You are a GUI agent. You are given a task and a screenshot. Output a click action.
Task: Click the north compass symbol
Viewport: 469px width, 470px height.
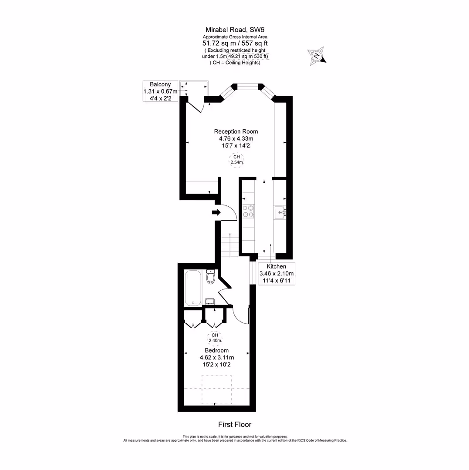(317, 56)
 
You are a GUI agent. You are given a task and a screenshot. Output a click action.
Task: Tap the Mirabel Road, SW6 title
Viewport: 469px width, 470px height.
(235, 30)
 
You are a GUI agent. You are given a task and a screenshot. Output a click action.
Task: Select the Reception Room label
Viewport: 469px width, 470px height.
(236, 131)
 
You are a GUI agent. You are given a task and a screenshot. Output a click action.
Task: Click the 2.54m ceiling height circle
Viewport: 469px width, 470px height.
(236, 160)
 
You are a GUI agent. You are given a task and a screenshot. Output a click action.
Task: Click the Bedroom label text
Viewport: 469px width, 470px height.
(216, 350)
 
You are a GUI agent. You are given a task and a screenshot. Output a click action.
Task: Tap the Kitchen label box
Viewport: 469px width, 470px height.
(277, 274)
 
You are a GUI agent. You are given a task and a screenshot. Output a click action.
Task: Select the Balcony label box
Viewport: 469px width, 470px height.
(161, 91)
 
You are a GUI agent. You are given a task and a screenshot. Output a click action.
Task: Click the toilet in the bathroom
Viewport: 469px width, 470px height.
(211, 276)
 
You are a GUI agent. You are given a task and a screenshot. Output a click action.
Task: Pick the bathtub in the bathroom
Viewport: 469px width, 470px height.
(192, 288)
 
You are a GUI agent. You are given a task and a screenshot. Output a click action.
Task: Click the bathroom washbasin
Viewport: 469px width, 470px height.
(209, 301)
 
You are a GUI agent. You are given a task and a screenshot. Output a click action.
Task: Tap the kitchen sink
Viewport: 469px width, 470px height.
(280, 213)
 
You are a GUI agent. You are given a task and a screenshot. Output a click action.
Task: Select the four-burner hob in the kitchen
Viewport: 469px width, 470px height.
(248, 211)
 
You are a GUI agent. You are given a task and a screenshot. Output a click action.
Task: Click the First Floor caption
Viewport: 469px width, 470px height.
(235, 424)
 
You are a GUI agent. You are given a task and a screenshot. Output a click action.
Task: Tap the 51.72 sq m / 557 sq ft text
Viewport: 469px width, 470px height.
(235, 44)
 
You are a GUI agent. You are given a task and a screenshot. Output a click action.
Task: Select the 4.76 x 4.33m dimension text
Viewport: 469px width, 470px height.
(236, 139)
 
